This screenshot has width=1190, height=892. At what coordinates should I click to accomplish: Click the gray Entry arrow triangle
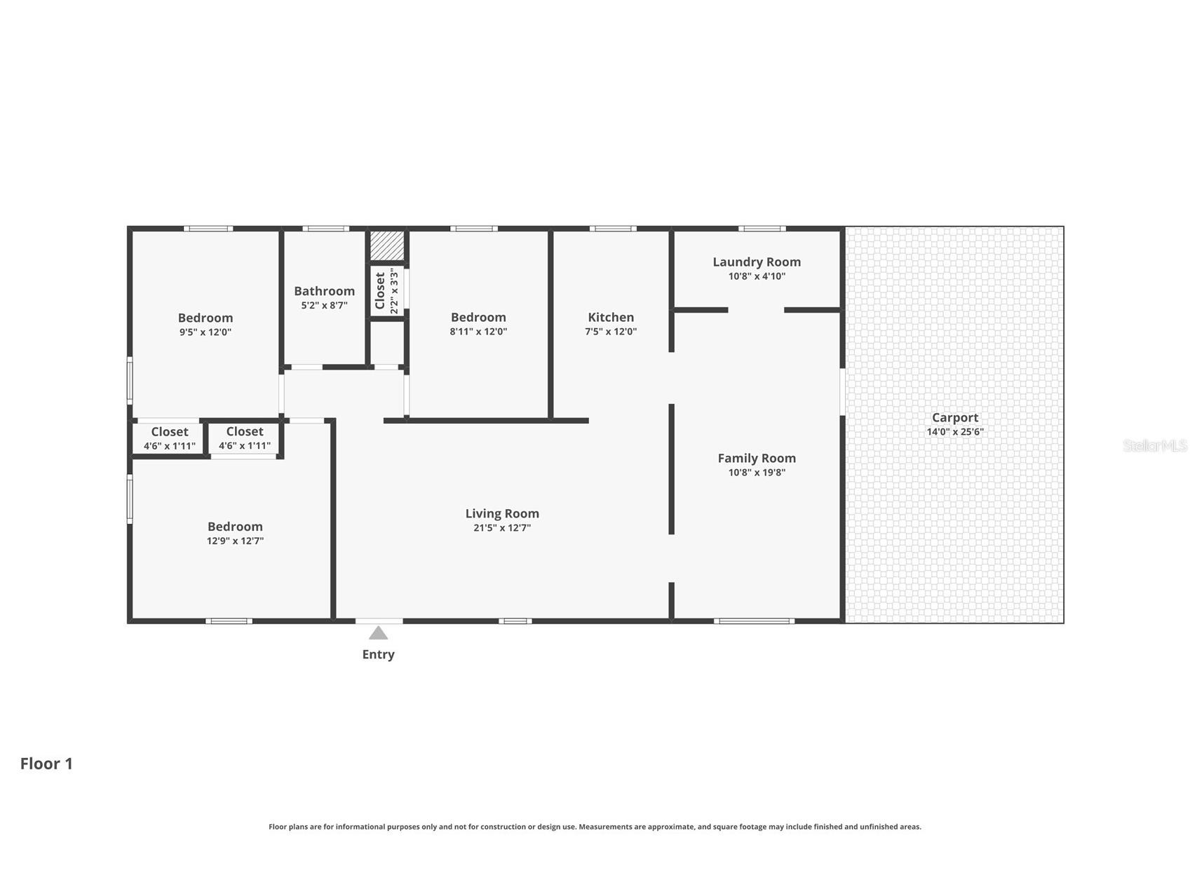[x=379, y=633]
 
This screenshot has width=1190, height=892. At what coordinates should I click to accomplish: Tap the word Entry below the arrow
[x=379, y=654]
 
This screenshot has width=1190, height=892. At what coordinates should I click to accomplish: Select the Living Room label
[x=502, y=513]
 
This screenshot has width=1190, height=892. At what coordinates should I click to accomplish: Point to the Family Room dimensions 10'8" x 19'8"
[x=757, y=473]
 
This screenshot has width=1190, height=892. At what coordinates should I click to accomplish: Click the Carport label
[x=955, y=418]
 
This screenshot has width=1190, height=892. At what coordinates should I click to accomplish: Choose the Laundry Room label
[x=757, y=262]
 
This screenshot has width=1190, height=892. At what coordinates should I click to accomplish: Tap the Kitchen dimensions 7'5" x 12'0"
[x=611, y=332]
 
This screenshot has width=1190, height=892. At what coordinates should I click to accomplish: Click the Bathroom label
[x=324, y=291]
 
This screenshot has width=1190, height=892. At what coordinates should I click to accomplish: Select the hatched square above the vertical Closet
[x=388, y=245]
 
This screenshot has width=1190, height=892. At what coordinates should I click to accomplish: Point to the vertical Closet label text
[x=380, y=291]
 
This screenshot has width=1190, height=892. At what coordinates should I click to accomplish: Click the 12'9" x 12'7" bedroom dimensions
[x=235, y=541]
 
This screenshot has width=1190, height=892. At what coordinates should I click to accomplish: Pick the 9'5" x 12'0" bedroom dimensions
[x=205, y=332]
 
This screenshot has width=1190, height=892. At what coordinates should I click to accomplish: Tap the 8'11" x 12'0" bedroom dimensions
[x=478, y=332]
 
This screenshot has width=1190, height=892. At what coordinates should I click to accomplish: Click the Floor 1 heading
[x=46, y=764]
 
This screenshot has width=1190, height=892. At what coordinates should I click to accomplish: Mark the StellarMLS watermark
[x=1155, y=445]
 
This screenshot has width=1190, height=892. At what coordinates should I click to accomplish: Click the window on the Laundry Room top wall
[x=762, y=229]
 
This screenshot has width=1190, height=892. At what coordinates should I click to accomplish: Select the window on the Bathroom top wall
[x=326, y=229]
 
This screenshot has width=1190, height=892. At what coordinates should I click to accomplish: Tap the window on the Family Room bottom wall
[x=755, y=621]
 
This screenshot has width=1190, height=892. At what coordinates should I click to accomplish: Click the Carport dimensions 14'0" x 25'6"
[x=955, y=432]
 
